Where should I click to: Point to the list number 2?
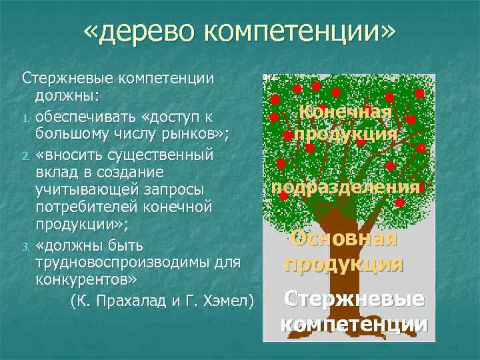tap(27, 157)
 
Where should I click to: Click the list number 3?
tap(27, 231)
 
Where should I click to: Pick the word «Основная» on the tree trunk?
tap(344, 238)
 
